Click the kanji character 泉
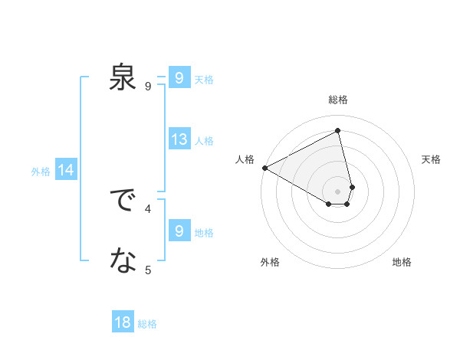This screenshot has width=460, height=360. pos(123,78)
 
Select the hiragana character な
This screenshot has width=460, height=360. pos(123,262)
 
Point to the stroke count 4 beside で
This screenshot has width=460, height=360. pos(148,208)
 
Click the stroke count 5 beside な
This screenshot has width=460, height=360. pos(148,269)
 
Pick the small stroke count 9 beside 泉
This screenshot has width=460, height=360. pos(148,86)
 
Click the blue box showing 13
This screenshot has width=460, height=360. pos(179,139)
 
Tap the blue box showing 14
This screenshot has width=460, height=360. pos(66,171)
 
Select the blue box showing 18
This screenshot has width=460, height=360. pos(123,322)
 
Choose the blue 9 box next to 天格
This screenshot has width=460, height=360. pos(179,78)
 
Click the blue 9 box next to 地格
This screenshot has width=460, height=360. pos(179,231)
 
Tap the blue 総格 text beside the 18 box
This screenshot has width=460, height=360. pos(147,324)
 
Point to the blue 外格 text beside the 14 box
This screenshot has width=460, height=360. pos(41,172)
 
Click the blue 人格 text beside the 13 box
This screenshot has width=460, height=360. pos(204,141)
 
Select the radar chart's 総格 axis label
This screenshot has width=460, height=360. pos(338,100)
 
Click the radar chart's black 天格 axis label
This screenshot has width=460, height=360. pos(432,159)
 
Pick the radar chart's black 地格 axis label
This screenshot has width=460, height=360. pos(402,262)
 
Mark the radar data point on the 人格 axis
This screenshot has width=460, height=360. pos(264,168)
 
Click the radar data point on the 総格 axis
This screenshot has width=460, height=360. pos(338,131)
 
